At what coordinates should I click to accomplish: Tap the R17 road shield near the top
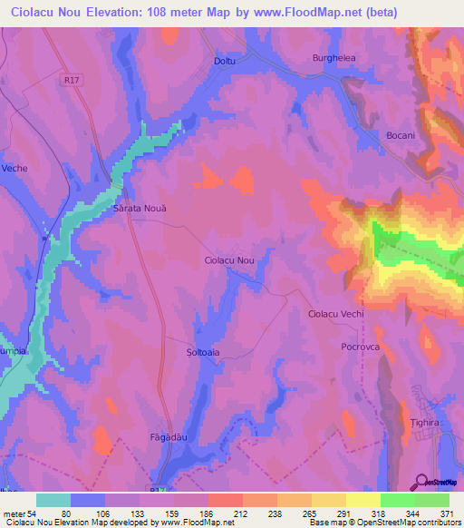click(x=73, y=80)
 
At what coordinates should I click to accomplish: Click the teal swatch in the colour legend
click(x=53, y=500)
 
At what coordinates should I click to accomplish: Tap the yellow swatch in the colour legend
click(x=363, y=500)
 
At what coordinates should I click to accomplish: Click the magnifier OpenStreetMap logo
click(x=421, y=482)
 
